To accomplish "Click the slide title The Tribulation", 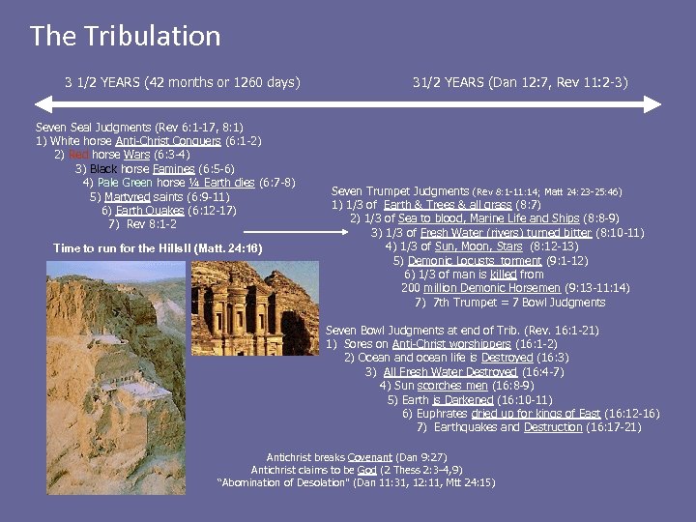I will [x=126, y=37].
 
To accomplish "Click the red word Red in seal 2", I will [x=78, y=155].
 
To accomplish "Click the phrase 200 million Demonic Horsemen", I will [x=467, y=288].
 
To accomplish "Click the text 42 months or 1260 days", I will [x=223, y=82].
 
